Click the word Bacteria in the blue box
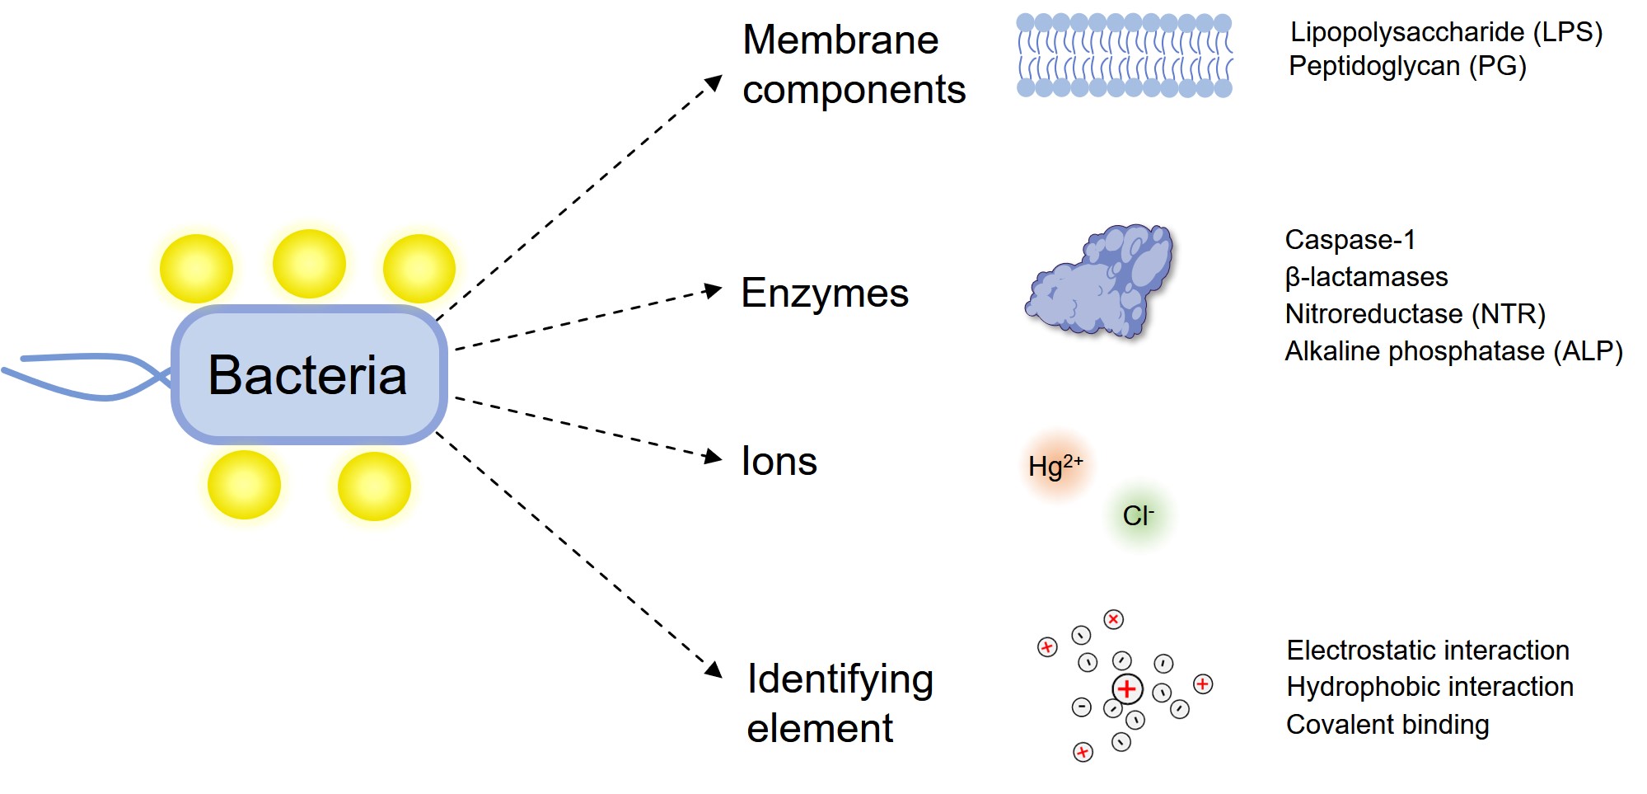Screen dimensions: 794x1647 [307, 375]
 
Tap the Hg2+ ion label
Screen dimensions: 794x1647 [1055, 467]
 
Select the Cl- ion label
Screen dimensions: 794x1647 [1138, 516]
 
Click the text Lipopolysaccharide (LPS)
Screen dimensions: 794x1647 [1446, 32]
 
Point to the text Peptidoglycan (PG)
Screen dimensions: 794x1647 [1407, 66]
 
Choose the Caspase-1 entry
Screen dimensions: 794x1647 [1350, 240]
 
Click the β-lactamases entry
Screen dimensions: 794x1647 [1366, 277]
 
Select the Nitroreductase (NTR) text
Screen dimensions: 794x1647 [1415, 314]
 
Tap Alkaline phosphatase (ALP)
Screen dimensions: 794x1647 [1453, 351]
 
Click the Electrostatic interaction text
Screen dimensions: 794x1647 [1427, 651]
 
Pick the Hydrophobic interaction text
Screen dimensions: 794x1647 [1429, 687]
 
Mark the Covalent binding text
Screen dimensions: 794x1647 [1387, 725]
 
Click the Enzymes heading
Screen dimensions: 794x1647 [824, 294]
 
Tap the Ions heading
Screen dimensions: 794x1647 [779, 462]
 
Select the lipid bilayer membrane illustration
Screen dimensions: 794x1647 [1124, 55]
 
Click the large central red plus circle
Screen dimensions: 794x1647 [1127, 688]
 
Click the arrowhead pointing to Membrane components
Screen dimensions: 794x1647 [714, 83]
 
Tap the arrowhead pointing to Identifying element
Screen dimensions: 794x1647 [714, 669]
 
